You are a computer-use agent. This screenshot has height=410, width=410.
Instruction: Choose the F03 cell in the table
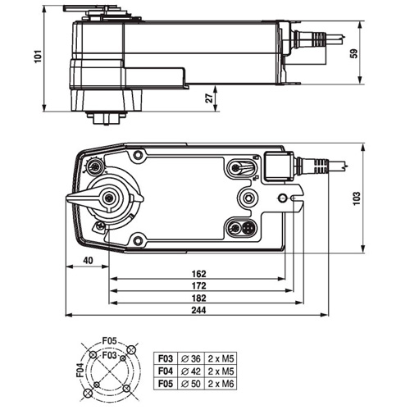pos(165,357)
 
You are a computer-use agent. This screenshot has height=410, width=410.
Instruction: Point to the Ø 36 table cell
pos(193,357)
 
